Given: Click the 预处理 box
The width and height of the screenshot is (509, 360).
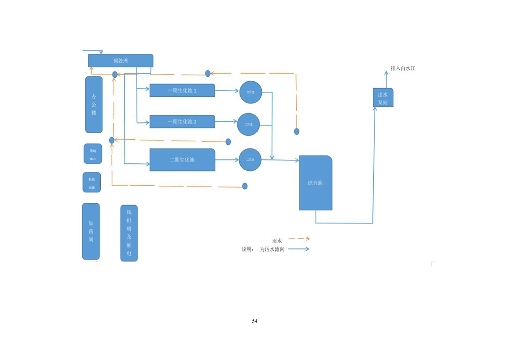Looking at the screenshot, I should tap(120, 61).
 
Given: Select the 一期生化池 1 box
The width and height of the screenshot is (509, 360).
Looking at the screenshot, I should tap(182, 90).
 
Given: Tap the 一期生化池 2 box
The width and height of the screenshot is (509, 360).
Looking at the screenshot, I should tap(182, 122).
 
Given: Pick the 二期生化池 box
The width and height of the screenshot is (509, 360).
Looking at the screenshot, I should tap(182, 160).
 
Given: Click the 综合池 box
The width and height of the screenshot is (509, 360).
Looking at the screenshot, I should tap(315, 183).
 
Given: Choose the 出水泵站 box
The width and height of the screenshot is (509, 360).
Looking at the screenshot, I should tap(383, 98).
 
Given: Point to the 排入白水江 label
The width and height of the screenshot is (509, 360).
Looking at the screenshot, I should tap(403, 69).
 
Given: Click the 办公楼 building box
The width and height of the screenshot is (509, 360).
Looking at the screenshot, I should tap(94, 104).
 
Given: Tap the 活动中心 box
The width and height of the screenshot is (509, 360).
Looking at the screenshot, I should tap(93, 154).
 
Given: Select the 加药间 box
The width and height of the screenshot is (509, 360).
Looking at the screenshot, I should tap(91, 231).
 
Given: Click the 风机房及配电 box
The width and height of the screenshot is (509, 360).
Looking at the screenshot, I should tap(129, 233).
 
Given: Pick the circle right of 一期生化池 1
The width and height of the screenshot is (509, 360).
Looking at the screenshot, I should tap(251, 92).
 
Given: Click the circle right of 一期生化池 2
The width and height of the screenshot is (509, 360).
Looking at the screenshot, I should tap(249, 124).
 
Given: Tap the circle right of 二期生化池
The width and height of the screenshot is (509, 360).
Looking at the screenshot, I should tap(250, 160).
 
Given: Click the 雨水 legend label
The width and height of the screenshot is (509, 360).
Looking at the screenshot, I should tap(277, 241).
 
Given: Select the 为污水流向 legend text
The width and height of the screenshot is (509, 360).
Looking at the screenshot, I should tap(272, 249).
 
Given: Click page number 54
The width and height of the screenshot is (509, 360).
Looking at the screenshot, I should tap(254, 321).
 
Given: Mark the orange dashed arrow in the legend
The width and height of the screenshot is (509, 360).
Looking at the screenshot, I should tap(299, 238).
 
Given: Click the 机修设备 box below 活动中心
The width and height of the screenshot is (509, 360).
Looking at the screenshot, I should tap(92, 182).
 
